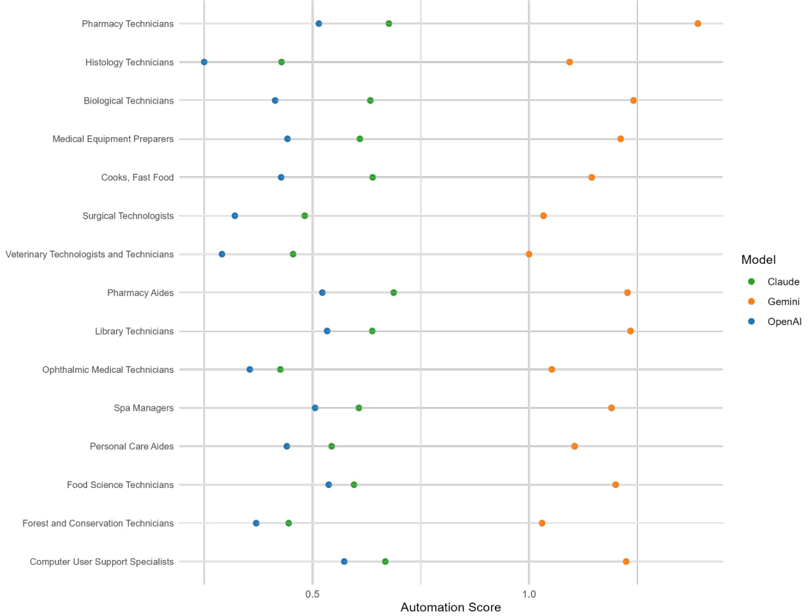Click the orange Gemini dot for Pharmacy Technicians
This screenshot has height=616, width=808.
(698, 24)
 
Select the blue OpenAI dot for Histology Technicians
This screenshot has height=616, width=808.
(204, 62)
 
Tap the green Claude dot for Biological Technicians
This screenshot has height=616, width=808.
(370, 101)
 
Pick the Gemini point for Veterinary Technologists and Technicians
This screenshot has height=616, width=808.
(529, 254)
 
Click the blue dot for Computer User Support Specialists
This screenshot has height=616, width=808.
(344, 562)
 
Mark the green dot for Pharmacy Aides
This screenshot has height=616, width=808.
(394, 293)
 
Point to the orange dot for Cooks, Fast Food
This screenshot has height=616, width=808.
(592, 177)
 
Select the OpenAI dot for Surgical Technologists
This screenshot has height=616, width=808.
(235, 216)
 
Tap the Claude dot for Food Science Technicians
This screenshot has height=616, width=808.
(354, 485)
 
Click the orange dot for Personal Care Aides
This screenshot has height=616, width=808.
(575, 447)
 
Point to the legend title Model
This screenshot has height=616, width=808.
(759, 260)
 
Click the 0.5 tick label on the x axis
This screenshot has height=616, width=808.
(313, 594)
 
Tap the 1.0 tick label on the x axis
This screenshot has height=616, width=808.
(529, 594)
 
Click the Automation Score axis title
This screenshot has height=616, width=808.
(450, 607)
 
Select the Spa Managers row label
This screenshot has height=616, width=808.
(144, 408)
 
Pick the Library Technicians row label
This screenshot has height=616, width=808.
(134, 331)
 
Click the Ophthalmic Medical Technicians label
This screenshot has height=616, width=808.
(108, 370)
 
